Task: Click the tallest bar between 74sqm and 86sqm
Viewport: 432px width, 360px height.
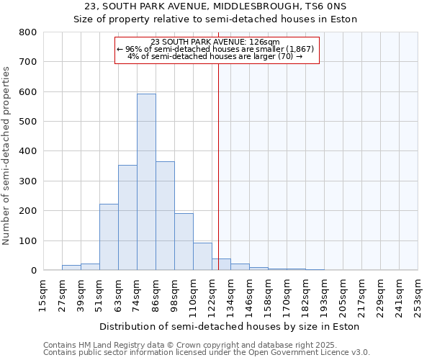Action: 146,182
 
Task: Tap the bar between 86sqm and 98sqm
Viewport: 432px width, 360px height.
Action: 165,216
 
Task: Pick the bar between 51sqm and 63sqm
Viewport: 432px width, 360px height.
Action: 109,237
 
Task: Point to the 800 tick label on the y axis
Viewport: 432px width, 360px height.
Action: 28,32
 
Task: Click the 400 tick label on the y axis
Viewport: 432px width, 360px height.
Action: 28,151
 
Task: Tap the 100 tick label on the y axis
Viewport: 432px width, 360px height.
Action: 28,240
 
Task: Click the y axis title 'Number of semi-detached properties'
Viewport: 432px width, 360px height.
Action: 7,155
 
